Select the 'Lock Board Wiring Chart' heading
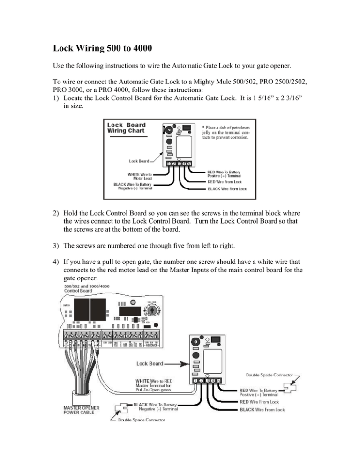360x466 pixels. [127, 128]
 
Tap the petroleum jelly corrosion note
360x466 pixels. [228, 132]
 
